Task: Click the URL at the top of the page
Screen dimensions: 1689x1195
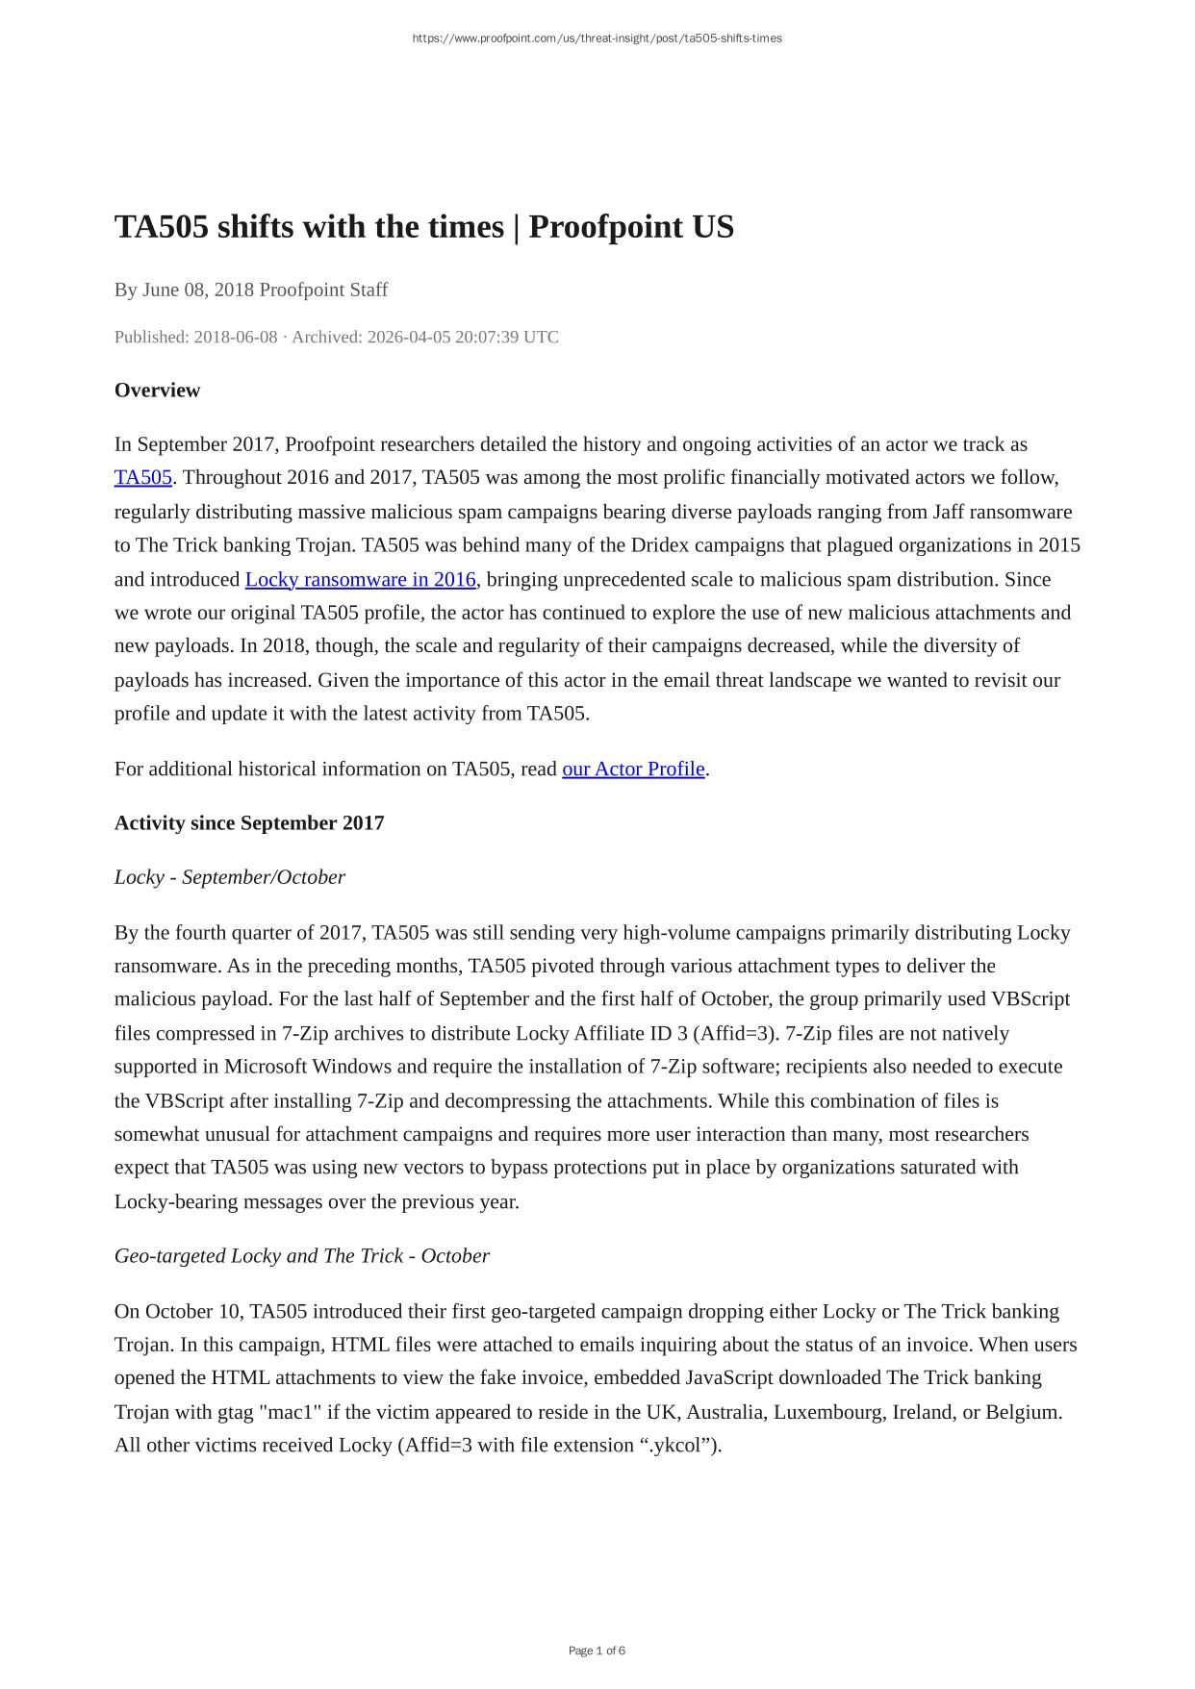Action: pos(597,38)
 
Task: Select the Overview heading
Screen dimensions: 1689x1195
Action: pos(157,390)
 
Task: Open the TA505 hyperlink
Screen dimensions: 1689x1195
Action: pos(142,477)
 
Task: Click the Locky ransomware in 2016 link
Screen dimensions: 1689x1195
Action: pos(360,579)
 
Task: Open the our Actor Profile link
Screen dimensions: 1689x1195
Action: pos(633,769)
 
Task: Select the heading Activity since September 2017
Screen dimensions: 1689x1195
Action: pos(249,822)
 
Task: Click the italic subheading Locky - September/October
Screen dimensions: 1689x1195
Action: pos(229,877)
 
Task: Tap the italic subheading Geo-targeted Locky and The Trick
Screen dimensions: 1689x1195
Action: pos(302,1255)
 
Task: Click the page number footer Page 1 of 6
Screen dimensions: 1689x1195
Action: pos(597,1651)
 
